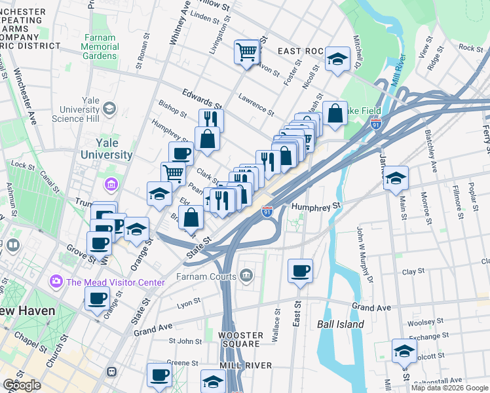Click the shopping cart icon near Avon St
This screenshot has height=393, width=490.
246,50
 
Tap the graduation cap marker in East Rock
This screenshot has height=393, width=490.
337,58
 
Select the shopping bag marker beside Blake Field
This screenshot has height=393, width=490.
335,113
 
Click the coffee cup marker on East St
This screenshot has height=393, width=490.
300,271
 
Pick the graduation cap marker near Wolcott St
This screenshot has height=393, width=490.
404,351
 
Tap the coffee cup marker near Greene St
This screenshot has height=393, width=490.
159,375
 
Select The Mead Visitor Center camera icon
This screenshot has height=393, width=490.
56,282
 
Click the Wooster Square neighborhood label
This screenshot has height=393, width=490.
240,340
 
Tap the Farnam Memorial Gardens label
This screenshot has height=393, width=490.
100,51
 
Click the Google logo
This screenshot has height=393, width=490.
22,384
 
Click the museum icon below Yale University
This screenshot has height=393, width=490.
111,185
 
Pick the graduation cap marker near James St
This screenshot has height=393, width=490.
396,178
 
